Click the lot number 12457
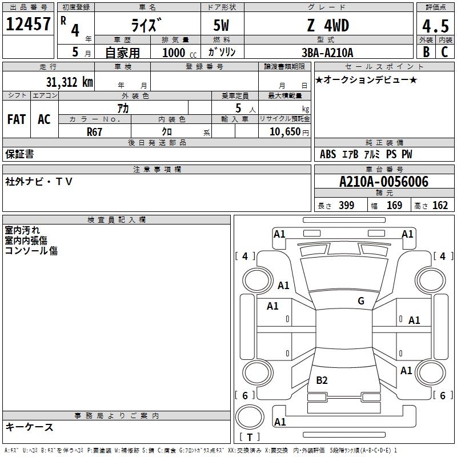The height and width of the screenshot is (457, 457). pos(28,24)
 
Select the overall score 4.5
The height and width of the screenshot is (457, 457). pos(435,26)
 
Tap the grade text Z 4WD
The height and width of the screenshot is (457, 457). pos(328,25)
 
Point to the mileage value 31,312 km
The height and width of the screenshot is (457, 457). pos(69,82)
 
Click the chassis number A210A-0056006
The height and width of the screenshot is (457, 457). pos(384,182)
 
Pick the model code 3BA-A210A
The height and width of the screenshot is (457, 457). pos(327,53)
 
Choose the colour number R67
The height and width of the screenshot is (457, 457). pos(94,132)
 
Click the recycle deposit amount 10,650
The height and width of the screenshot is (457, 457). pos(285,131)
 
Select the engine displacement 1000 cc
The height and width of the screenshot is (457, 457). pos(179,53)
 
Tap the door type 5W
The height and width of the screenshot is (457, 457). pos(221,25)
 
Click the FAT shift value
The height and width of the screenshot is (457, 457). pos(17,119)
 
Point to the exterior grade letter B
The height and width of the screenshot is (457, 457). pos(426,52)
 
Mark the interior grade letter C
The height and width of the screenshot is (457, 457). pos(444,52)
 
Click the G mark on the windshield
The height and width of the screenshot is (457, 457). pos(361,301)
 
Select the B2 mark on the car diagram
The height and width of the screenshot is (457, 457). pos(322,380)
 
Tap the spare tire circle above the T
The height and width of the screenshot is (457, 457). pos(250,417)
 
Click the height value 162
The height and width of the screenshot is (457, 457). pos(440,205)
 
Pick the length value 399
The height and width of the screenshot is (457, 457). pos(346,205)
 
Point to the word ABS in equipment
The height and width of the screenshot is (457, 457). pos(328,154)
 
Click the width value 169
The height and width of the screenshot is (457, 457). pos(394,205)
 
